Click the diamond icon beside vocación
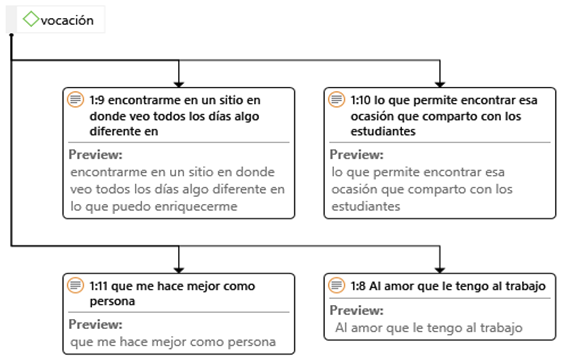[x=31, y=19]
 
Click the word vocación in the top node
[x=68, y=19]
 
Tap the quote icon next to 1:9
[x=75, y=101]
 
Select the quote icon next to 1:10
[x=337, y=101]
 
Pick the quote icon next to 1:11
[x=75, y=286]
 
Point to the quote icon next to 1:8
[x=337, y=286]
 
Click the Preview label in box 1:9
[x=95, y=155]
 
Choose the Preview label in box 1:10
[x=356, y=155]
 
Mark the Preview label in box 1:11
[x=95, y=325]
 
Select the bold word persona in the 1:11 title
[x=111, y=301]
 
